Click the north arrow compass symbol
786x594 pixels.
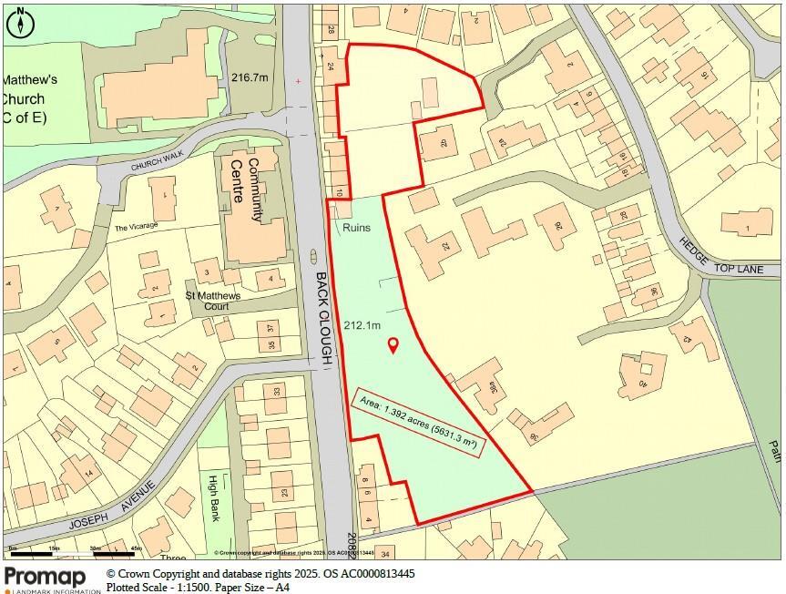tap(19, 22)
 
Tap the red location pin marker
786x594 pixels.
tap(393, 345)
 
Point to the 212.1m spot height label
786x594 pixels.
tap(362, 325)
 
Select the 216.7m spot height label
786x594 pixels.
tap(250, 78)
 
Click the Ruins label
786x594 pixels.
tap(357, 228)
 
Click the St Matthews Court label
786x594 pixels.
tap(213, 301)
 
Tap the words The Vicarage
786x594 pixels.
tap(136, 227)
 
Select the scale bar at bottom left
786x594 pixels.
tap(73, 551)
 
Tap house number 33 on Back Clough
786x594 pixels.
tap(277, 393)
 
